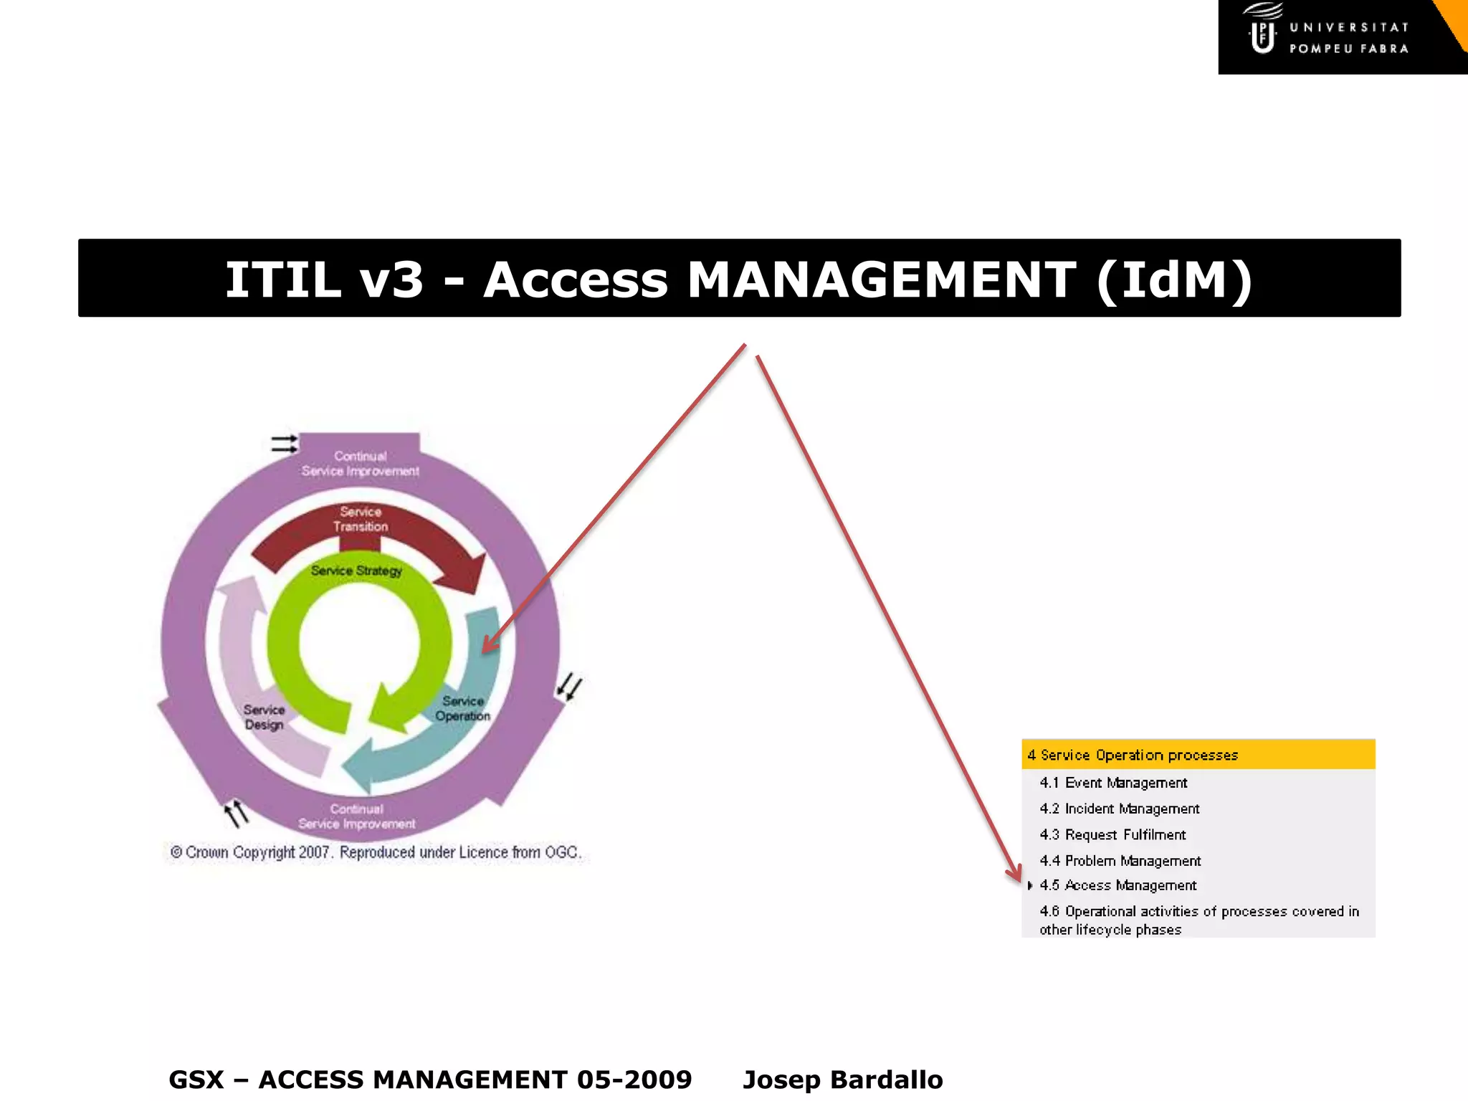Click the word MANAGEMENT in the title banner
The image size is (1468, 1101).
[881, 280]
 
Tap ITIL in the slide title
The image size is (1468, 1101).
[282, 280]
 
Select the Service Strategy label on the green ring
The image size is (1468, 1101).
[356, 571]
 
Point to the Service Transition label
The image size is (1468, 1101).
[361, 519]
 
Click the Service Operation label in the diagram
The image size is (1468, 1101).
[463, 708]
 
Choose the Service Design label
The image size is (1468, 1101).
[264, 717]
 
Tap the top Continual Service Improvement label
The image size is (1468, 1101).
[360, 464]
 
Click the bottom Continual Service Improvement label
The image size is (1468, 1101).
[357, 816]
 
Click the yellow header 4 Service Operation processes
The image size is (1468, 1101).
[1133, 755]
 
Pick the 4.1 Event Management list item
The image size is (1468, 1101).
[1113, 783]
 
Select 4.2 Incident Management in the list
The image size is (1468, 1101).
[1119, 809]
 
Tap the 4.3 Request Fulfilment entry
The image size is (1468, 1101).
[1112, 834]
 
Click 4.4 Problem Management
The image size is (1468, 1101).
[1120, 860]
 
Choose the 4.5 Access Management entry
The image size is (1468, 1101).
[1118, 885]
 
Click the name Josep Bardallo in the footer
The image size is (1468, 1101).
[843, 1079]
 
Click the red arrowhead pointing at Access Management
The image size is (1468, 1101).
[1014, 873]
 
